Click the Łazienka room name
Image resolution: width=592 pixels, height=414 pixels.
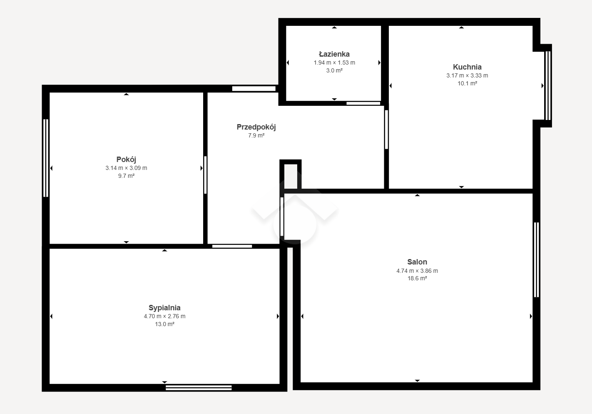pyautogui.click(x=334, y=54)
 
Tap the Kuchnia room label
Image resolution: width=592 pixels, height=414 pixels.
pyautogui.click(x=467, y=67)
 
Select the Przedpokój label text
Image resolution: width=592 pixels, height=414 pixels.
pyautogui.click(x=256, y=127)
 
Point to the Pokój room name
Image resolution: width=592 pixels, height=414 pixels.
pyautogui.click(x=126, y=160)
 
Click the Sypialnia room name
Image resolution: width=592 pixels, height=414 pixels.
pyautogui.click(x=164, y=308)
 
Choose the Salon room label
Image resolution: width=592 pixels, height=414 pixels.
pyautogui.click(x=417, y=262)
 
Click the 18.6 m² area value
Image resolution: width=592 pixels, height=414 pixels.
pyautogui.click(x=417, y=278)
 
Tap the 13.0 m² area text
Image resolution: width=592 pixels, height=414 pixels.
pyautogui.click(x=164, y=324)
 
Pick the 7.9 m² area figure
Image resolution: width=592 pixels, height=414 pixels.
pyautogui.click(x=256, y=136)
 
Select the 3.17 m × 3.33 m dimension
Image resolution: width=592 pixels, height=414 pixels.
pyautogui.click(x=467, y=76)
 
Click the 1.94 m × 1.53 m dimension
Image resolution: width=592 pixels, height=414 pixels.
pyautogui.click(x=334, y=62)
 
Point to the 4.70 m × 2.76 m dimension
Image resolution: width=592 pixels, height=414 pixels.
pyautogui.click(x=164, y=316)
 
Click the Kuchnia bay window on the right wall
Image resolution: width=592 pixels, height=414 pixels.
pyautogui.click(x=548, y=86)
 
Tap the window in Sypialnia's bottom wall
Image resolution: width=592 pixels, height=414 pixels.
pyautogui.click(x=199, y=388)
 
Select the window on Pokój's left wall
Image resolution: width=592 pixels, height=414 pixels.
pyautogui.click(x=46, y=158)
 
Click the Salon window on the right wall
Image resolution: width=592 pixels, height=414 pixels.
pyautogui.click(x=537, y=260)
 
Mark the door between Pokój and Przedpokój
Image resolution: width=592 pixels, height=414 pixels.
pyautogui.click(x=205, y=175)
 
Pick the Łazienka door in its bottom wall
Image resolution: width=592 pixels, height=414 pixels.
pyautogui.click(x=363, y=103)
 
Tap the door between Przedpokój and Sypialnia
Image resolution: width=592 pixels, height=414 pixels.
pyautogui.click(x=232, y=247)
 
